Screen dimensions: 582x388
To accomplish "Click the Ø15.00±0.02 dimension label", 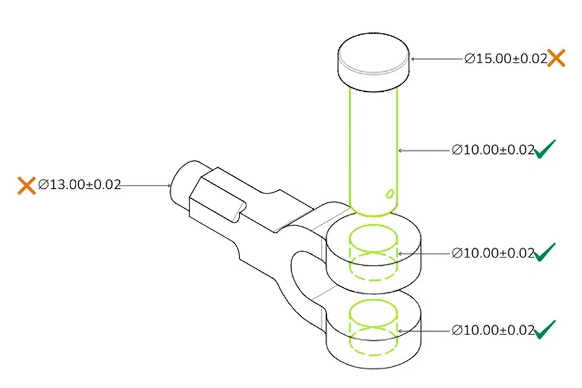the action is coord(506,59).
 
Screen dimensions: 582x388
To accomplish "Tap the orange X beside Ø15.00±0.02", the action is coord(556,58).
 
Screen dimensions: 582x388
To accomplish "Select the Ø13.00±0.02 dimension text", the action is coord(80,184).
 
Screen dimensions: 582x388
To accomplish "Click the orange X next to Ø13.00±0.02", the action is coord(27,186).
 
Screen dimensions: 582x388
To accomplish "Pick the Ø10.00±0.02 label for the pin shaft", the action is coord(493,150).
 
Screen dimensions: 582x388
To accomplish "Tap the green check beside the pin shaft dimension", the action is coord(545,149).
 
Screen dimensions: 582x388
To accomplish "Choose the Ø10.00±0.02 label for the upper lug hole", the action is coord(493,253).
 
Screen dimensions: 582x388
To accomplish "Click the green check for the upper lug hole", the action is coord(545,252).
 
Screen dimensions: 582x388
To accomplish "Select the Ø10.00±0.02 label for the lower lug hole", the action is coord(493,330).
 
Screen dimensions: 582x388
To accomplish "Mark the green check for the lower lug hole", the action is coord(545,329).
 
